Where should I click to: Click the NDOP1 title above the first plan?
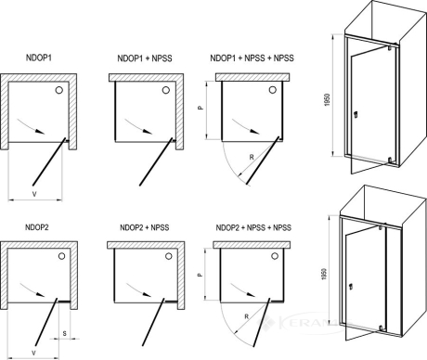click(39, 58)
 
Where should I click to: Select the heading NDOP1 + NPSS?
click(145, 58)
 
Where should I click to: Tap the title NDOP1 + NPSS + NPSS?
click(252, 58)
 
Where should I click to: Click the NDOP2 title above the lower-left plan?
click(37, 227)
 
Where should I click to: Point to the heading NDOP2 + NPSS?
click(145, 227)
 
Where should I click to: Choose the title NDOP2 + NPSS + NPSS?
click(253, 227)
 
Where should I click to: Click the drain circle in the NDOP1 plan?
click(59, 90)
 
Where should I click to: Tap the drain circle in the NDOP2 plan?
click(62, 256)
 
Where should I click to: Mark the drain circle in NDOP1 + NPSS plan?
click(166, 90)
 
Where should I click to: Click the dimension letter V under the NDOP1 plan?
click(34, 194)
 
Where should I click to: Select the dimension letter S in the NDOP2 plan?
click(64, 333)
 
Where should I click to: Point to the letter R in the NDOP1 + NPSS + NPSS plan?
click(252, 158)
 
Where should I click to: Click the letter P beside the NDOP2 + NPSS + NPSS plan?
click(201, 275)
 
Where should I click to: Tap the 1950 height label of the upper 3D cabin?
click(329, 99)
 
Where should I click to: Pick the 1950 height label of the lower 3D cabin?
click(324, 274)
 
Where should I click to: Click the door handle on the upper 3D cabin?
click(356, 114)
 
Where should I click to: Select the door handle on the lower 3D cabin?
click(351, 288)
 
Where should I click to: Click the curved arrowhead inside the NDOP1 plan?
click(40, 132)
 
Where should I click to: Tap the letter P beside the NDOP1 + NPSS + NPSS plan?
click(201, 108)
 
